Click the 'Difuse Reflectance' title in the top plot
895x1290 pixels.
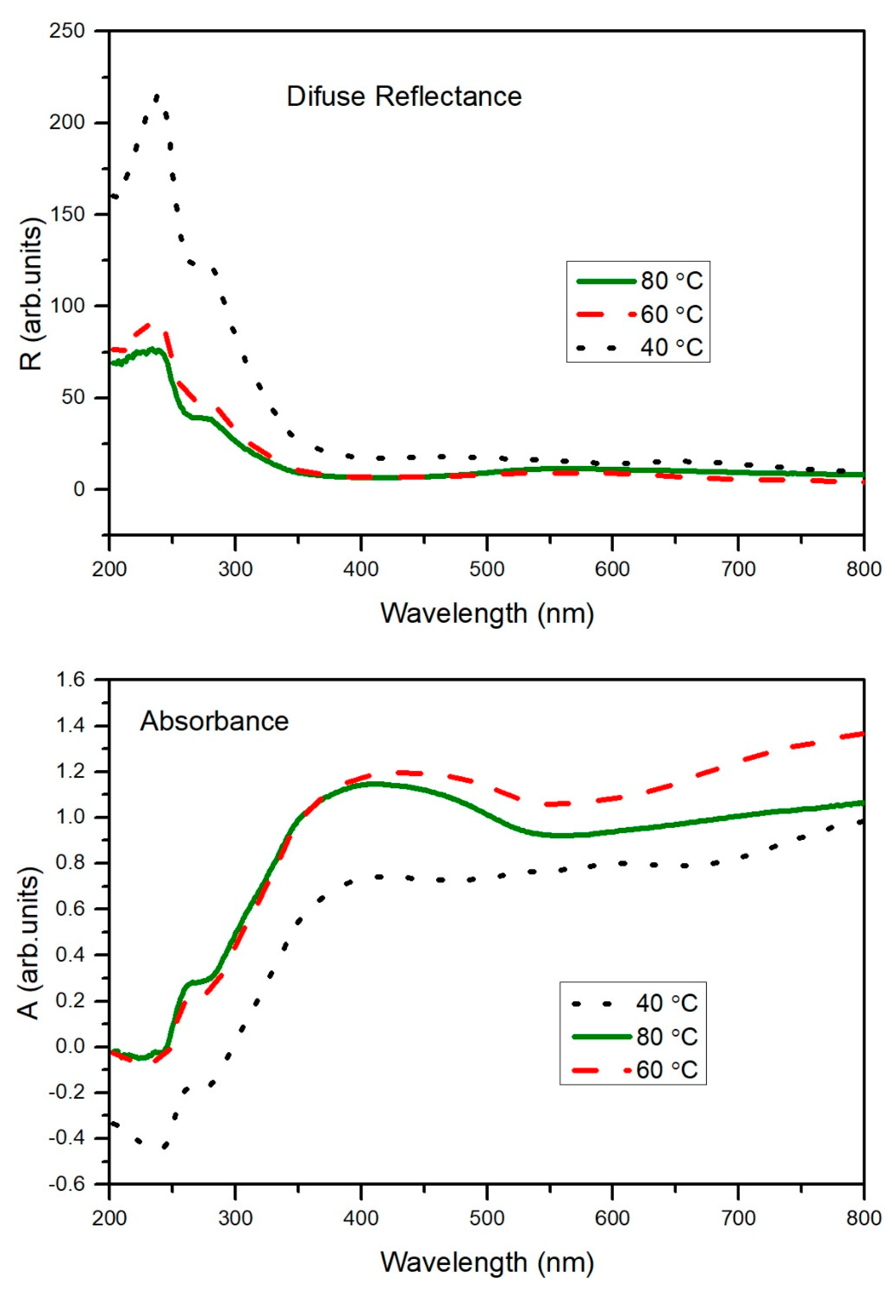pyautogui.click(x=404, y=96)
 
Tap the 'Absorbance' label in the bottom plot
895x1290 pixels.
pyautogui.click(x=214, y=721)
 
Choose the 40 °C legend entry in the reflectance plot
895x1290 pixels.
pyautogui.click(x=639, y=347)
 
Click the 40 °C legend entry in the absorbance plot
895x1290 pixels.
pyautogui.click(x=634, y=1003)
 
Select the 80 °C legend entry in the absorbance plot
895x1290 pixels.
pyautogui.click(x=634, y=1037)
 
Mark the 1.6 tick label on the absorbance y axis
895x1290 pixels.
pyautogui.click(x=70, y=680)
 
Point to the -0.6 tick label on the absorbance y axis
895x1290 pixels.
pyautogui.click(x=67, y=1184)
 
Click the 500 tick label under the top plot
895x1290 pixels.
pyautogui.click(x=487, y=569)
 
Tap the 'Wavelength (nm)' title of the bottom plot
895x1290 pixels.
pyautogui.click(x=487, y=1262)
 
